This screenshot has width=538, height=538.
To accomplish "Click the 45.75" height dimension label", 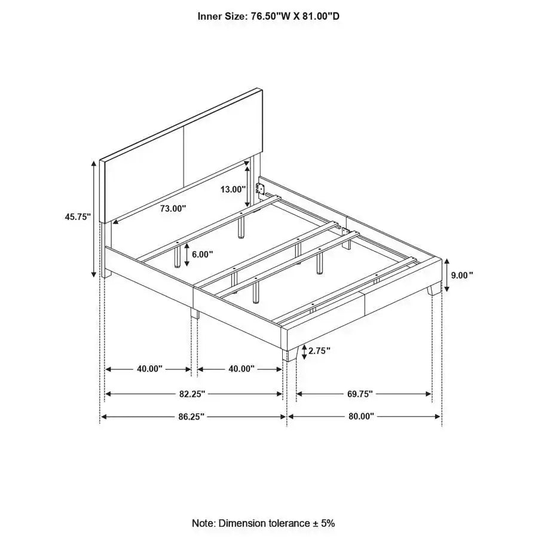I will [78, 218].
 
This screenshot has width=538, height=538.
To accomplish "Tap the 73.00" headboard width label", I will [173, 209].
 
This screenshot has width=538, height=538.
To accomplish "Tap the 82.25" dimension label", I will [192, 394].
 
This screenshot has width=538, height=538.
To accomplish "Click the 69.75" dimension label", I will [360, 394].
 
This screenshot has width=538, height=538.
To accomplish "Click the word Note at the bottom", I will [203, 523].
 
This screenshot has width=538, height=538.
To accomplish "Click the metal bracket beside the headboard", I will [260, 187].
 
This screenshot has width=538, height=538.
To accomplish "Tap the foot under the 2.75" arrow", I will [292, 354].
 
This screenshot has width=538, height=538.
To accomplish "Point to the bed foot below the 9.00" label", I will [432, 289].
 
